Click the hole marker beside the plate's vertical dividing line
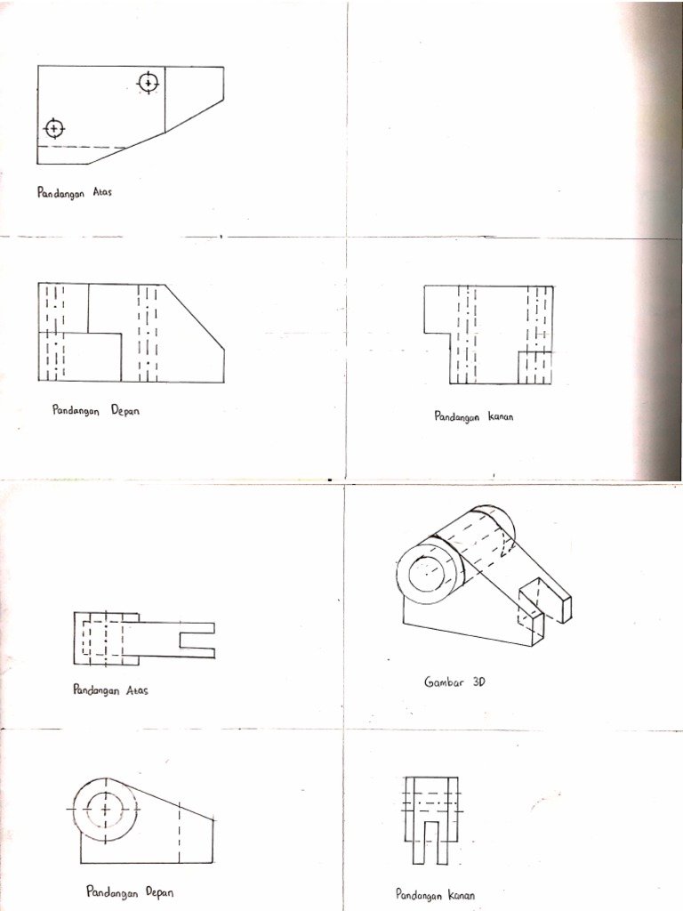tap(148, 83)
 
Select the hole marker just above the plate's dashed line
tap(54, 129)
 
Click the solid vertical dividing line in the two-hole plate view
tap(165, 100)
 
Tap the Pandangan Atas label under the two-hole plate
tap(74, 192)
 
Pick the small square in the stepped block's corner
tap(534, 367)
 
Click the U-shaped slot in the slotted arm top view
tap(197, 640)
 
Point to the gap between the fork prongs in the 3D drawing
tap(542, 614)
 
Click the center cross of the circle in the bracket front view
tap(104, 810)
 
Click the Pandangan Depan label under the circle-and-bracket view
tap(124, 891)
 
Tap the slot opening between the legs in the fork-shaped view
tap(430, 842)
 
